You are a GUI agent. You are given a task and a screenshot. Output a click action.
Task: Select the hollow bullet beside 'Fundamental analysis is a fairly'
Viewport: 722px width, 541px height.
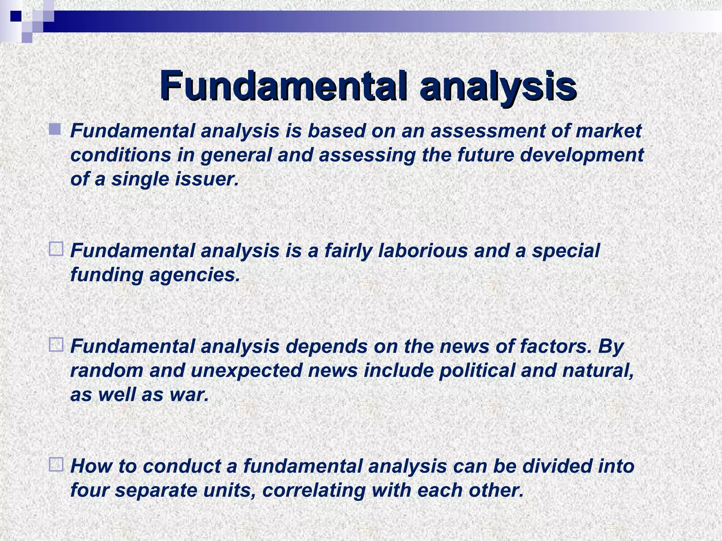click(56, 249)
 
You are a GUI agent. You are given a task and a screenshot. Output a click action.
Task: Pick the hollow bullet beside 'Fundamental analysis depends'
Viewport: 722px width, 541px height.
click(56, 344)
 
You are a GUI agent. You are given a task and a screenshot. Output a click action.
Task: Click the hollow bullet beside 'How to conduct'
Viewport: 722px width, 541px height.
click(56, 464)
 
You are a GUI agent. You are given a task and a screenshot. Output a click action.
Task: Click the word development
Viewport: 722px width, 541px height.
click(582, 155)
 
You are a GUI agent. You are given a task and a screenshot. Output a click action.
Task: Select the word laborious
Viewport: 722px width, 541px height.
click(423, 251)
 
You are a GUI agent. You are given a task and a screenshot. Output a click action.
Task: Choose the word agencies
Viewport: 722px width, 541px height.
click(194, 275)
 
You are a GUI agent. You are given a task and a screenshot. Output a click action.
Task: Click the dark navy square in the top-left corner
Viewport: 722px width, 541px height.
click(16, 16)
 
